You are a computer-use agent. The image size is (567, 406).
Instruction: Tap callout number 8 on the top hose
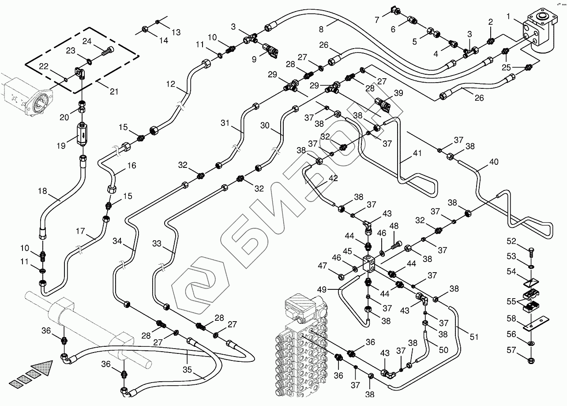coord(321,30)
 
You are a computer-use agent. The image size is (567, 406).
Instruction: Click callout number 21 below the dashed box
coord(114,91)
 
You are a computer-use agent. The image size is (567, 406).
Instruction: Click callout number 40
coord(494,162)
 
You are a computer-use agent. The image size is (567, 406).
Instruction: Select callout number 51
coord(474,337)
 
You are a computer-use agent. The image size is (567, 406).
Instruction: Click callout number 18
coord(42,191)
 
